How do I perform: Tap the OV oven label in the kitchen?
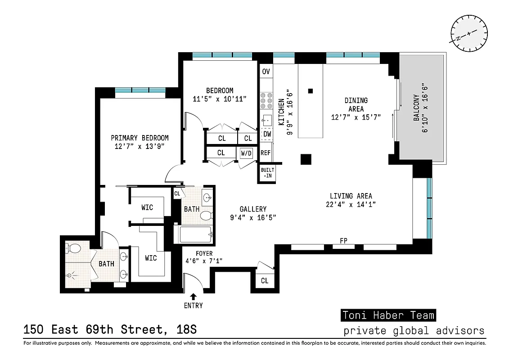[x=266, y=72]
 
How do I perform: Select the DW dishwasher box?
[x=267, y=134]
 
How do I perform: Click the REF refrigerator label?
[x=266, y=153]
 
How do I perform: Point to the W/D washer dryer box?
[x=247, y=153]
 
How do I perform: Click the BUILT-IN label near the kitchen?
[x=266, y=173]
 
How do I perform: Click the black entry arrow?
[x=193, y=296]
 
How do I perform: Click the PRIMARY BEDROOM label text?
[x=140, y=138]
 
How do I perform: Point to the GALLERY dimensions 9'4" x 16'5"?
[x=252, y=217]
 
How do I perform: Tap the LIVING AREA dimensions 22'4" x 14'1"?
[x=351, y=204]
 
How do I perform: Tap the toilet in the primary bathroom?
[x=73, y=248]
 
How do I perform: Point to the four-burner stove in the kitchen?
[x=266, y=101]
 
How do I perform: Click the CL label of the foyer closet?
[x=265, y=281]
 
